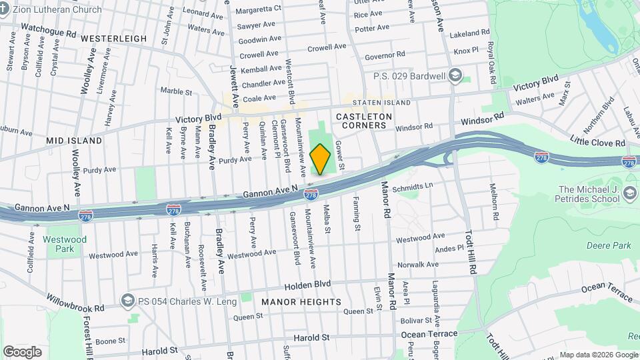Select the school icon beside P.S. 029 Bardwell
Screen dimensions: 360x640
pos(455,75)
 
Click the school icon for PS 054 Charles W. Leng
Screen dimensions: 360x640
pos(126,301)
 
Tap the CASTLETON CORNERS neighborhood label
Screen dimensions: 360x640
pos(361,121)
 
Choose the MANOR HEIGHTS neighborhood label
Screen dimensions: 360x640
pos(301,302)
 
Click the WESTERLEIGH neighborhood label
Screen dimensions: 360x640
pos(113,39)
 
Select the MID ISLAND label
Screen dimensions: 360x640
pos(74,141)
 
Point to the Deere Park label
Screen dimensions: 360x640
pos(608,245)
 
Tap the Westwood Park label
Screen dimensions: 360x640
pos(65,243)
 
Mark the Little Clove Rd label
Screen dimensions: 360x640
pos(597,141)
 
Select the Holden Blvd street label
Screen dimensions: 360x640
pos(307,284)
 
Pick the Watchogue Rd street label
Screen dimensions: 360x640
pos(49,30)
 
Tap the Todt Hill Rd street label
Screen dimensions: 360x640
pos(471,254)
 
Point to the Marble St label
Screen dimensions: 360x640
pos(176,91)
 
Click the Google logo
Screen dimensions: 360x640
pos(22,352)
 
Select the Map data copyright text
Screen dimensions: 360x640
pos(597,355)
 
